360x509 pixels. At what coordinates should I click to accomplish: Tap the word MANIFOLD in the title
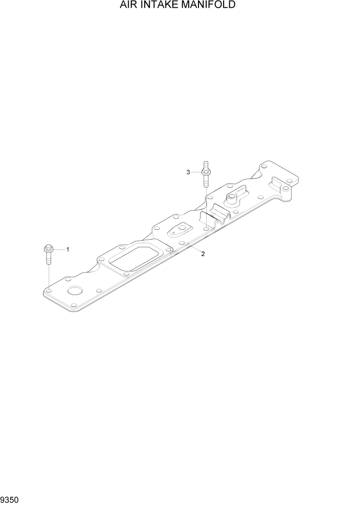[x=211, y=6]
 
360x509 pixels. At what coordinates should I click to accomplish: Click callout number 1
[x=68, y=249]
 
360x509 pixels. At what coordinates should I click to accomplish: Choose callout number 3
[x=188, y=172]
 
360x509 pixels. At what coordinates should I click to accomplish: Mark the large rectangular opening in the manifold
[x=132, y=261]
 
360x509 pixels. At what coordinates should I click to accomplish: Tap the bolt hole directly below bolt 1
[x=48, y=291]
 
